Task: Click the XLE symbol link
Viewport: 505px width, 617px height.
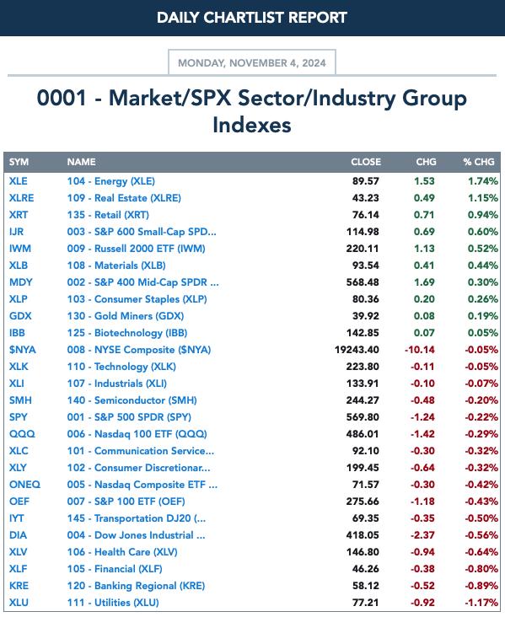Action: tap(18, 181)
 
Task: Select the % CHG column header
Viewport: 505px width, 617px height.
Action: tap(479, 162)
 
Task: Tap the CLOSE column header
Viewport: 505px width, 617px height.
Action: tap(366, 162)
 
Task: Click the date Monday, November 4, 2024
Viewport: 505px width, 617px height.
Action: tap(252, 63)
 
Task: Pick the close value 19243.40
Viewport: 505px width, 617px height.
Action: tap(357, 350)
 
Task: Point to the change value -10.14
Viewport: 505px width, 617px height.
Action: tap(420, 350)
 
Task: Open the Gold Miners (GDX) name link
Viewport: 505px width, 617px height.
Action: tap(125, 315)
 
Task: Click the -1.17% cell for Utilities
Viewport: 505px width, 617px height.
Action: tap(481, 603)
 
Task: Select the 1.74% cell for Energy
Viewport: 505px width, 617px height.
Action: tap(483, 181)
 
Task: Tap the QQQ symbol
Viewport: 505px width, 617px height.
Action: tap(22, 433)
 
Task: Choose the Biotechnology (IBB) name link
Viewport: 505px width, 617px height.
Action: tap(126, 332)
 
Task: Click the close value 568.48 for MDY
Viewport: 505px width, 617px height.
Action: tap(363, 282)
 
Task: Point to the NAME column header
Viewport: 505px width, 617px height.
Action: tap(81, 162)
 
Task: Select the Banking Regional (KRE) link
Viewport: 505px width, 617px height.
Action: tap(136, 586)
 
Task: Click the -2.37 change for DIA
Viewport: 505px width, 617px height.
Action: tap(422, 535)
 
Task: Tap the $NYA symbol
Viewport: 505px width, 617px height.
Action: tap(23, 350)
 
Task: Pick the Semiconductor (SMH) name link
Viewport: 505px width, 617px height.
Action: tap(132, 400)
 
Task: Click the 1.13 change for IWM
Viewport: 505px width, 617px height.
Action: tap(424, 249)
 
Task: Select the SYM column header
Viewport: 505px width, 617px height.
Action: tap(19, 162)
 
